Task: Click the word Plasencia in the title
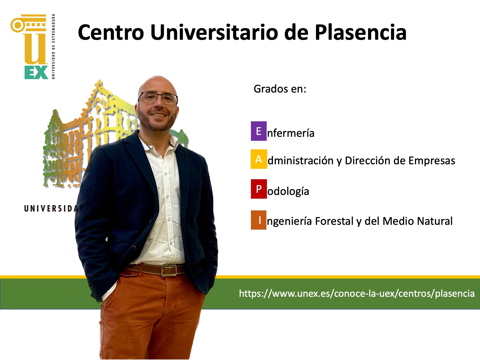[x=361, y=32]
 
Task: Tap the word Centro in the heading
[x=111, y=33]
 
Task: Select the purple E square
[x=259, y=131]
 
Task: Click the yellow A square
[x=259, y=159]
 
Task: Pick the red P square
[x=259, y=189]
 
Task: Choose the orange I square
[x=259, y=220]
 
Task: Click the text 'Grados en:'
[x=280, y=89]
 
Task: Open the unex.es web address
[x=357, y=294]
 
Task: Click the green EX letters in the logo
[x=36, y=72]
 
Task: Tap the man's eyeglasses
[x=158, y=98]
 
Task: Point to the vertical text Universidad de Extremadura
[x=53, y=46]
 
